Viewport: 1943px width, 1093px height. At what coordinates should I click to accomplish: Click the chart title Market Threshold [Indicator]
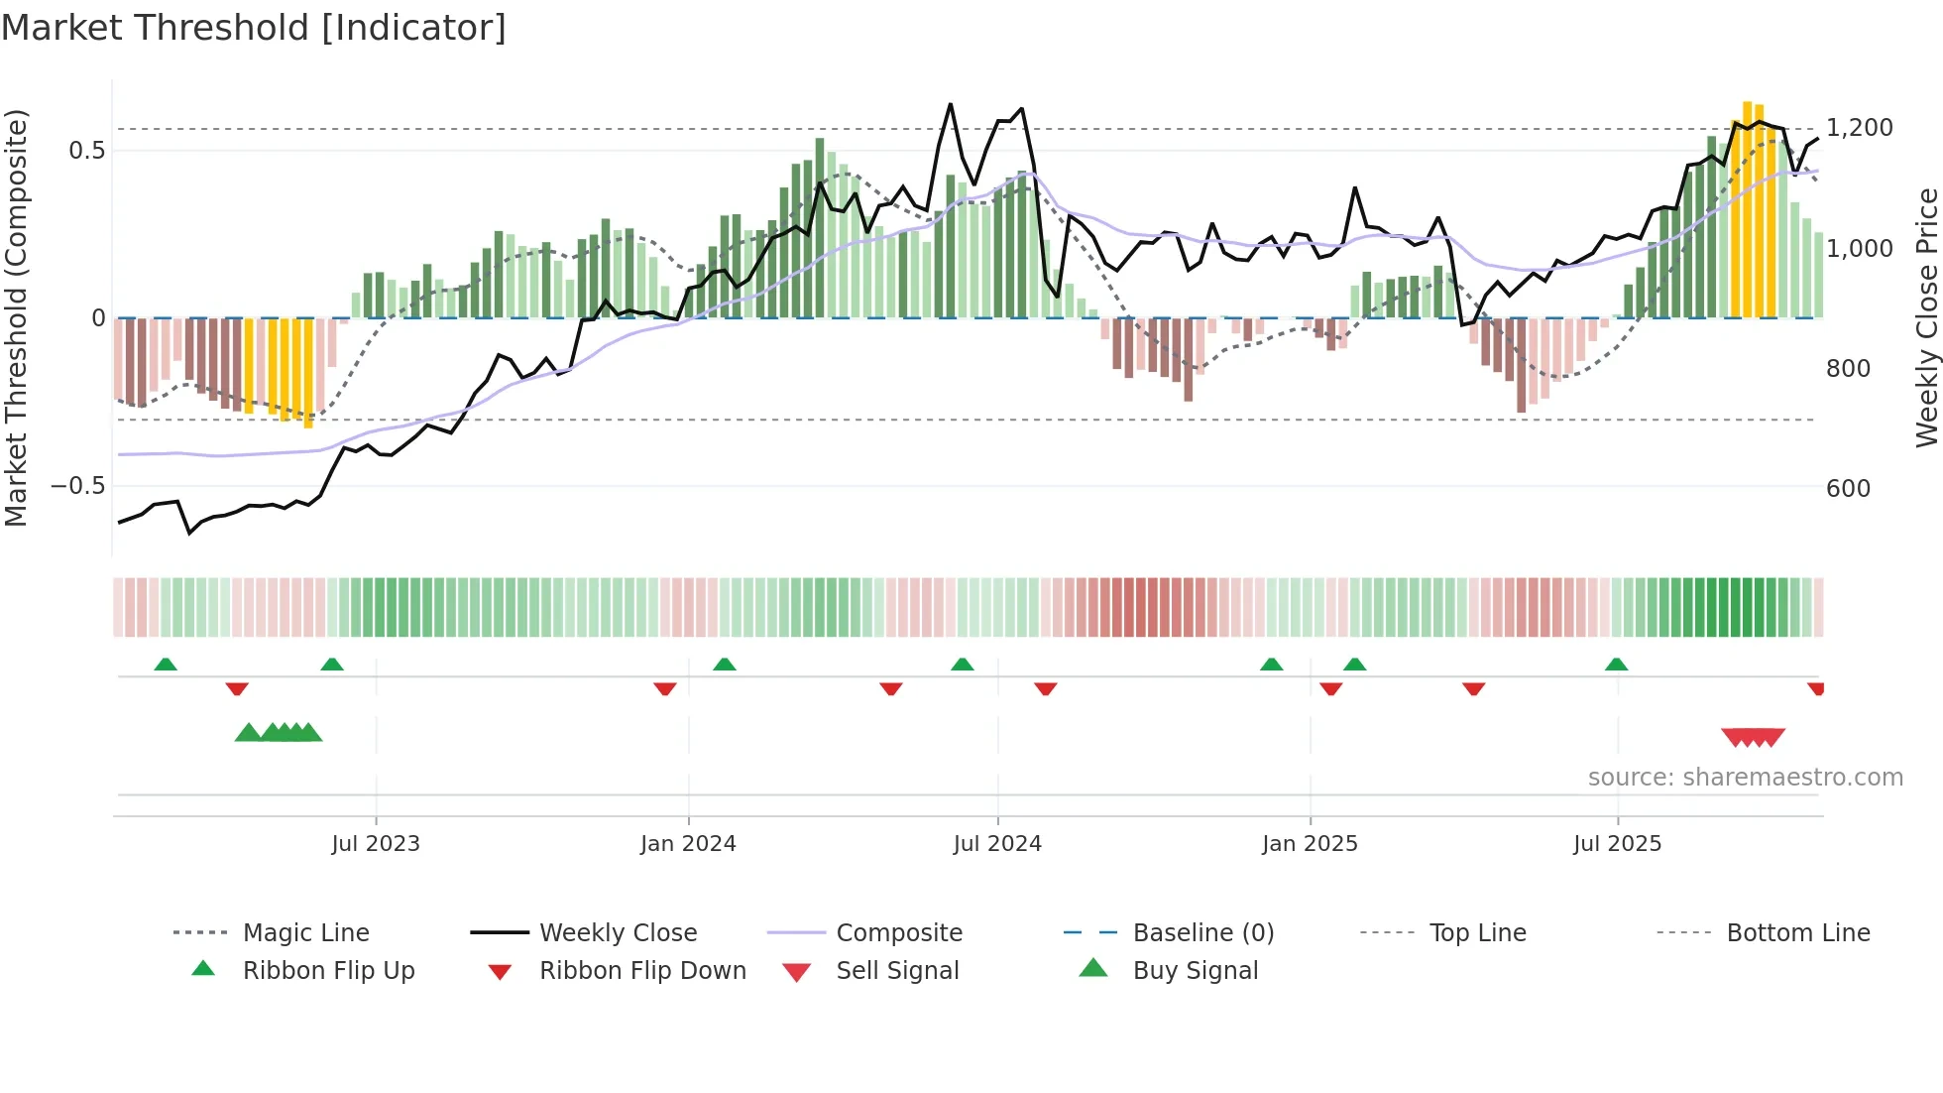click(x=254, y=28)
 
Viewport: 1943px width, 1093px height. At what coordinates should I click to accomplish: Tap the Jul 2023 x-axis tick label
click(x=376, y=844)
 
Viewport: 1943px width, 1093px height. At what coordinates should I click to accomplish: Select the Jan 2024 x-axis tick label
click(x=688, y=844)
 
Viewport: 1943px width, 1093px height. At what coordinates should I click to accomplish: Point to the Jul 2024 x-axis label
click(x=997, y=844)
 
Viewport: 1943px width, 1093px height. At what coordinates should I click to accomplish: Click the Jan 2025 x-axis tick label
click(x=1310, y=844)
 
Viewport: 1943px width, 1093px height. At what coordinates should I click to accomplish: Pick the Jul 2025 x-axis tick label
click(x=1617, y=844)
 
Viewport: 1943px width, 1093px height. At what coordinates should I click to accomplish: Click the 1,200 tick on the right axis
click(x=1859, y=128)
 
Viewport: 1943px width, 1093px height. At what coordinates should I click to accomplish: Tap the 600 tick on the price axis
click(x=1848, y=489)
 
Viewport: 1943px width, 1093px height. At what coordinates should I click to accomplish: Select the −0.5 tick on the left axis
click(x=78, y=486)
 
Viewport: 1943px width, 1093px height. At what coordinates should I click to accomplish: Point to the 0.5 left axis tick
click(x=86, y=151)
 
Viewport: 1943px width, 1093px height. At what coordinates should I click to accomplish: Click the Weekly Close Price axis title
click(x=1926, y=317)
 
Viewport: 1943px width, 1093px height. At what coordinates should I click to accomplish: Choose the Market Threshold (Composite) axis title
click(x=16, y=317)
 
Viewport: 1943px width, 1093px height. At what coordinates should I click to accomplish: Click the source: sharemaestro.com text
click(x=1745, y=778)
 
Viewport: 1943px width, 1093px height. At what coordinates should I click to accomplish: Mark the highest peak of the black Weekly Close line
click(x=950, y=104)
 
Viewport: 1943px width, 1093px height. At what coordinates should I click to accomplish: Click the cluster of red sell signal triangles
click(x=1753, y=738)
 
